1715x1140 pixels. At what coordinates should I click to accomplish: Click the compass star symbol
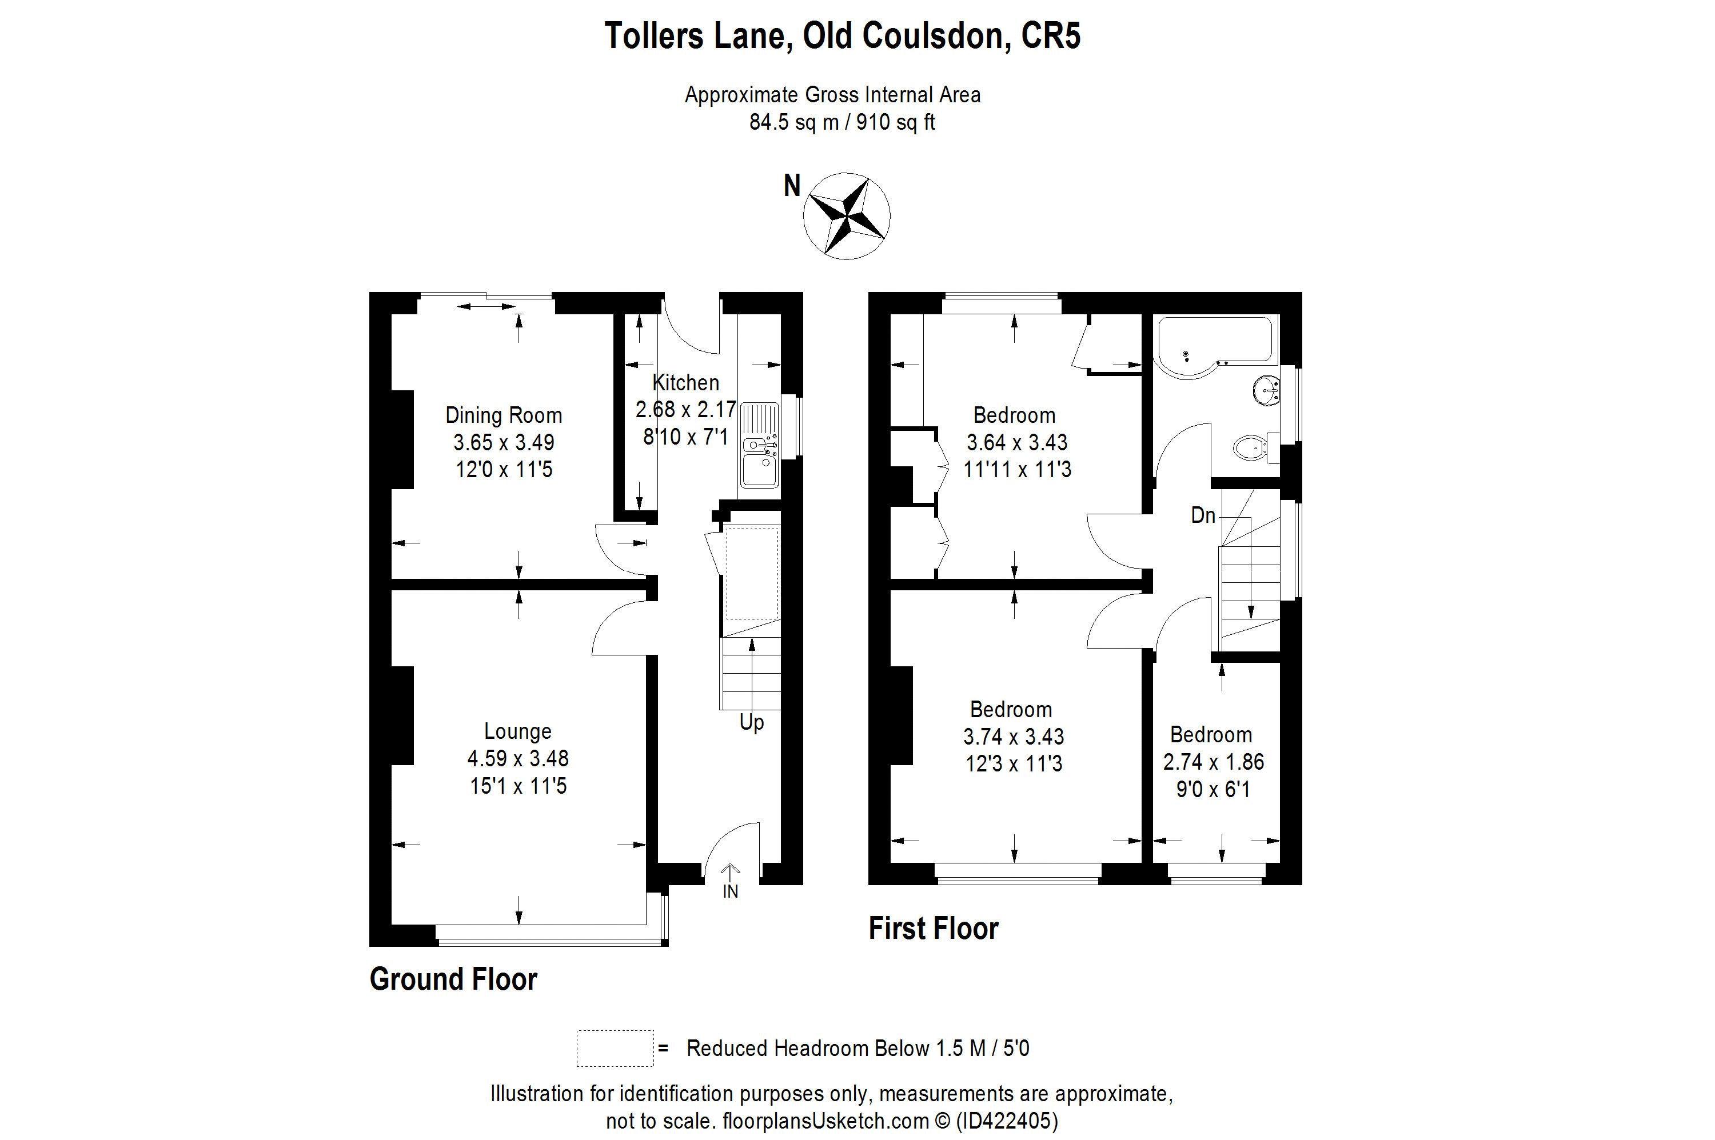pos(846,215)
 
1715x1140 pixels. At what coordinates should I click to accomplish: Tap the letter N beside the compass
pos(791,187)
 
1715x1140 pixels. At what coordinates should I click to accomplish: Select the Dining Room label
pos(503,415)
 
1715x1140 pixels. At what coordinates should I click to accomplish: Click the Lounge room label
pos(517,731)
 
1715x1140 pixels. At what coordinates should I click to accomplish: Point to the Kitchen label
pos(685,382)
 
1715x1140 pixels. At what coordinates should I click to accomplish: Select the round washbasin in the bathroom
pos(1266,390)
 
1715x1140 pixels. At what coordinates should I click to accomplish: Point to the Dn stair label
pos(1203,515)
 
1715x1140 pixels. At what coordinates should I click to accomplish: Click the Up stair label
pos(751,723)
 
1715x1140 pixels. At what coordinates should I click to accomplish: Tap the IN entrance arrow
pos(730,881)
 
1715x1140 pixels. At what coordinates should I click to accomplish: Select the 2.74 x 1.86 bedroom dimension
pos(1213,762)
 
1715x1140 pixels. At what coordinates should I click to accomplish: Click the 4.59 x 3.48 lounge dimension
pos(517,758)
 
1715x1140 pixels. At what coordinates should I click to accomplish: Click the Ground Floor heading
pos(453,979)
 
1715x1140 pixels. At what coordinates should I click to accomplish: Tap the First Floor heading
pos(933,929)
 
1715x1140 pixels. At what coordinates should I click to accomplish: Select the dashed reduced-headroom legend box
pos(615,1047)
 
